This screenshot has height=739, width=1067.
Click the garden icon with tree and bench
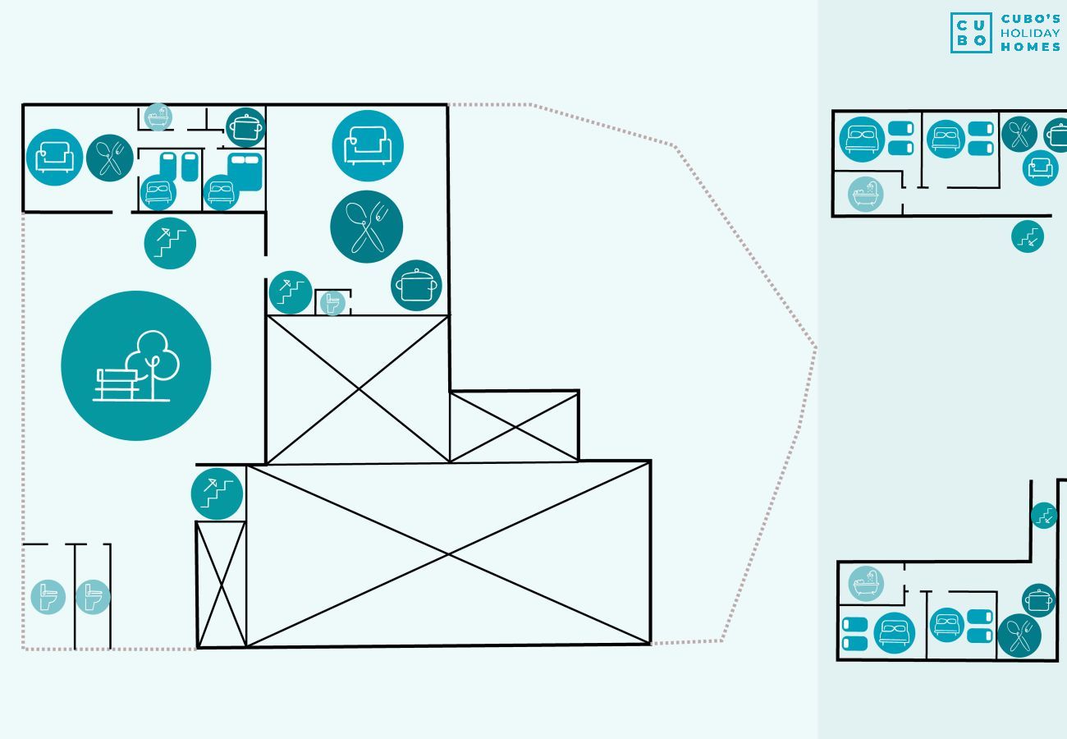[136, 365]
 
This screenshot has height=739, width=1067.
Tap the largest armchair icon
[368, 145]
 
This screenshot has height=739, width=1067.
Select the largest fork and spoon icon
[366, 227]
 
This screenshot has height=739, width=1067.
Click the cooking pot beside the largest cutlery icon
[416, 286]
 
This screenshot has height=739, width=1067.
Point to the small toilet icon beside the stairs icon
[332, 303]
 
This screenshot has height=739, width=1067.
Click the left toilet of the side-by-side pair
[48, 597]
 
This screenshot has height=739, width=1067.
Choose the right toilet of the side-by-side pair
[93, 597]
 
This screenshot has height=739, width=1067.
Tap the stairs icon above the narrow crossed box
[218, 493]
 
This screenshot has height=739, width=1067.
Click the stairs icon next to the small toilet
[291, 292]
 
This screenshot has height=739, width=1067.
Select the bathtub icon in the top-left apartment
[158, 117]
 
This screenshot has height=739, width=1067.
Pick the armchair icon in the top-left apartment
[55, 157]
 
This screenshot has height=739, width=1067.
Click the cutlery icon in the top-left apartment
[110, 158]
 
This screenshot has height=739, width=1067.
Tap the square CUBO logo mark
[971, 33]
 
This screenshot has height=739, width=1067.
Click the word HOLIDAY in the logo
[1030, 33]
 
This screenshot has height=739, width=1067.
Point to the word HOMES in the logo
[1030, 47]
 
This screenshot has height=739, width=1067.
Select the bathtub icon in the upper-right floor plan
[865, 195]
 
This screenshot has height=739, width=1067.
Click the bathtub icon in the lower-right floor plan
[865, 584]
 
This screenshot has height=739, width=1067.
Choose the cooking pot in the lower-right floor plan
[1038, 600]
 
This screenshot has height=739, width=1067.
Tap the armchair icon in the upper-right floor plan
[1040, 168]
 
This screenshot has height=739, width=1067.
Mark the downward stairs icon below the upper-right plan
[1028, 236]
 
